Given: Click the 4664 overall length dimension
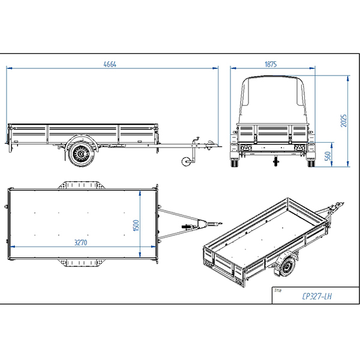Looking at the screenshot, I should [109, 64].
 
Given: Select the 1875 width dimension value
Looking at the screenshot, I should [271, 64].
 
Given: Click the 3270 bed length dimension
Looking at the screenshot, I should [83, 243].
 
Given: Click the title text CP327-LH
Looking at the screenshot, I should [316, 296].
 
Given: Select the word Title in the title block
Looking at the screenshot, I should [278, 289].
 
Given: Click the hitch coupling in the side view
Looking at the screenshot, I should [212, 143].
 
